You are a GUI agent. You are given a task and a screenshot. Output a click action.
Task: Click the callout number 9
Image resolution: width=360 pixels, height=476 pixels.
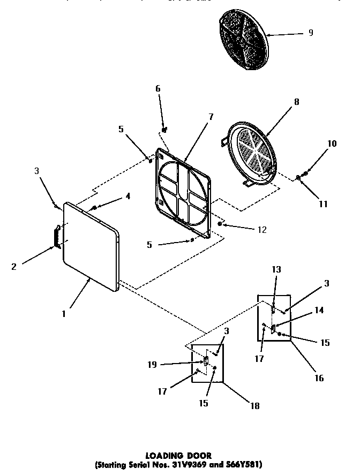pyautogui.click(x=311, y=33)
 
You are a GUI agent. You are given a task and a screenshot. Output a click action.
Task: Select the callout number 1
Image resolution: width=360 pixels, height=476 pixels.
pyautogui.click(x=63, y=314)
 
